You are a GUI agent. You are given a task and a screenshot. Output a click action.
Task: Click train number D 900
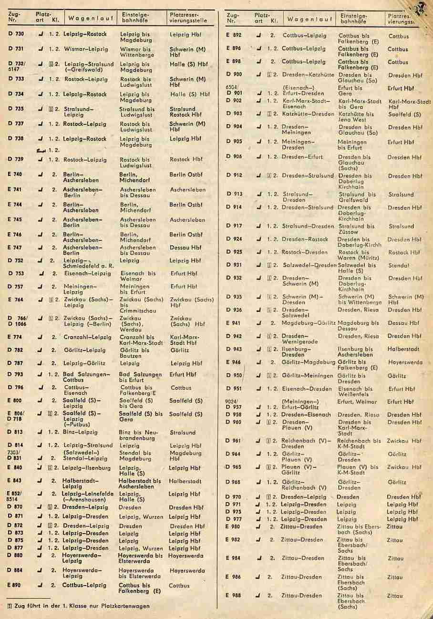point(234,75)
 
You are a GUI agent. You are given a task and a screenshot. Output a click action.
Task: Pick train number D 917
point(234,226)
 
